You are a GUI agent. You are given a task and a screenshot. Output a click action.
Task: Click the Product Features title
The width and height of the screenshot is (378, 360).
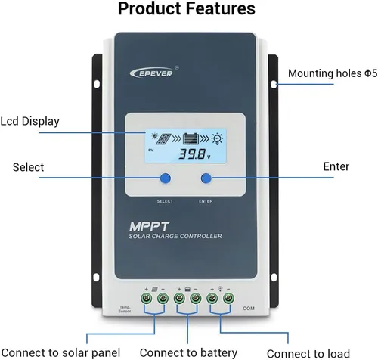188,10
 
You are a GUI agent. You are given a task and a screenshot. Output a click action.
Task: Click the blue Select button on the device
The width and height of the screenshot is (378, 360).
164,178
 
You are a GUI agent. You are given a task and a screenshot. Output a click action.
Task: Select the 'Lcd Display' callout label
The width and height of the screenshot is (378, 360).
29,121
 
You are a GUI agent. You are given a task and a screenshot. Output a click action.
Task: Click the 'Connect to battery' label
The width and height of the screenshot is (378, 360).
188,352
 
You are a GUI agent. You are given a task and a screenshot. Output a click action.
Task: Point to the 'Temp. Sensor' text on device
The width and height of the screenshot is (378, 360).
125,307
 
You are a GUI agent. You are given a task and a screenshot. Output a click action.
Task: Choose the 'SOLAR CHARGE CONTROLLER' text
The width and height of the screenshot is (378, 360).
175,237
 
